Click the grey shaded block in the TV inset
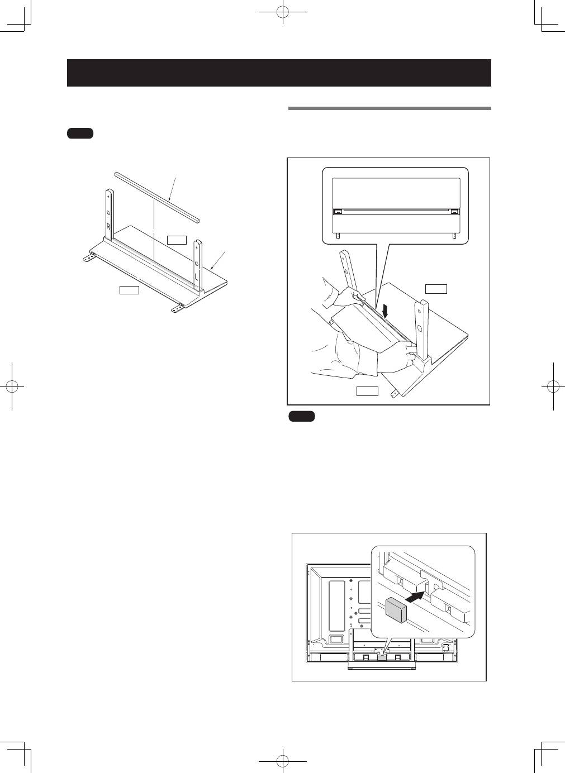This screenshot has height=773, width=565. pos(396,610)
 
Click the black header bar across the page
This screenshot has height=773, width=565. pos(279,73)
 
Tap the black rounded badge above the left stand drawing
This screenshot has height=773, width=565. pos(80,133)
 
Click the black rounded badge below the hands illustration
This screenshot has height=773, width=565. pos(302,417)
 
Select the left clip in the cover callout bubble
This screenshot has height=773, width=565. pos(338,212)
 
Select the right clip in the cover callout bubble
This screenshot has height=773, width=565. pos(454,212)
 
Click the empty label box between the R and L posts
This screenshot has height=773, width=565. pos(177,240)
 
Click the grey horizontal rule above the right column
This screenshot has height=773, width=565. pos(390,108)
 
